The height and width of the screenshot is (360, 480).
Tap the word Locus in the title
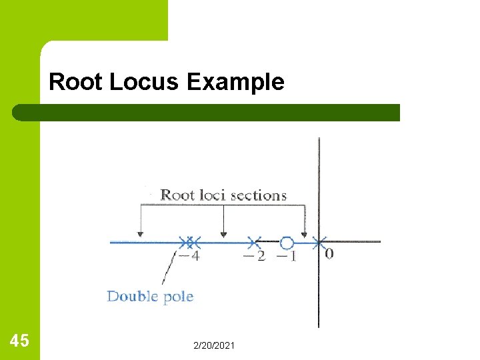pos(145,82)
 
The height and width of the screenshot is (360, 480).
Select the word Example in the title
pos(235,82)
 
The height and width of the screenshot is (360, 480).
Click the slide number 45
pos(19,341)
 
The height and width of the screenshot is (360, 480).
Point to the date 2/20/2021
pos(213,345)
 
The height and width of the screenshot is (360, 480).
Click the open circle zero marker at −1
pos(287,243)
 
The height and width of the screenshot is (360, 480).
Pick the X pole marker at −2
pos(253,242)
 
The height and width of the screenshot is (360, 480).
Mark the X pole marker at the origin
pos(319,242)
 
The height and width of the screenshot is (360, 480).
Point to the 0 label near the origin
pos(329,253)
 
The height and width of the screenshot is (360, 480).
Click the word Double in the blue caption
pos(130,296)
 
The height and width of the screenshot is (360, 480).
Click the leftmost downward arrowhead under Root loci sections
pos(139,233)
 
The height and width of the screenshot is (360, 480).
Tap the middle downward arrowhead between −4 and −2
pos(223,233)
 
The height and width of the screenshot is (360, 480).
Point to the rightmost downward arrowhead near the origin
pos(305,233)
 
